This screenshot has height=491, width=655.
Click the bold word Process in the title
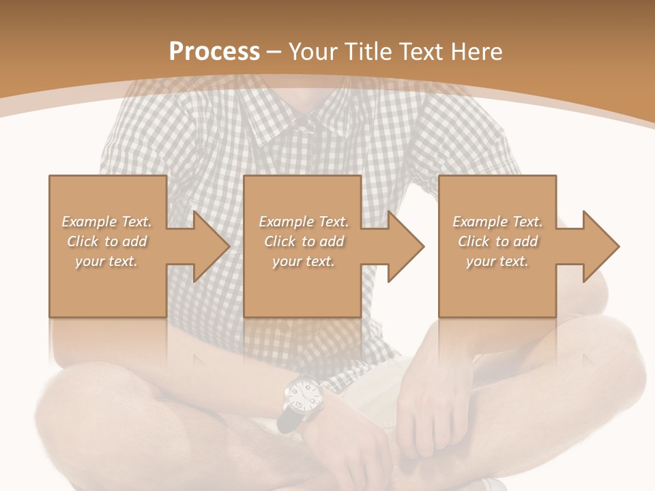click(x=214, y=51)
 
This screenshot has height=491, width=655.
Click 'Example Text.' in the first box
click(x=106, y=222)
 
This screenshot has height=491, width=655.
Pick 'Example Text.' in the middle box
click(x=304, y=222)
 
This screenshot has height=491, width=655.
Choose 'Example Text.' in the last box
click(x=497, y=222)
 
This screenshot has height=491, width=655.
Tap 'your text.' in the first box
click(x=106, y=261)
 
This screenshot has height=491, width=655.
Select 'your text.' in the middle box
click(x=304, y=261)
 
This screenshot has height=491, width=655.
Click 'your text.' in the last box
click(x=497, y=261)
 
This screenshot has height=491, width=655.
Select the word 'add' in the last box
click(x=525, y=241)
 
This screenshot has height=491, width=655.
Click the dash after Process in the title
click(x=274, y=51)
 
